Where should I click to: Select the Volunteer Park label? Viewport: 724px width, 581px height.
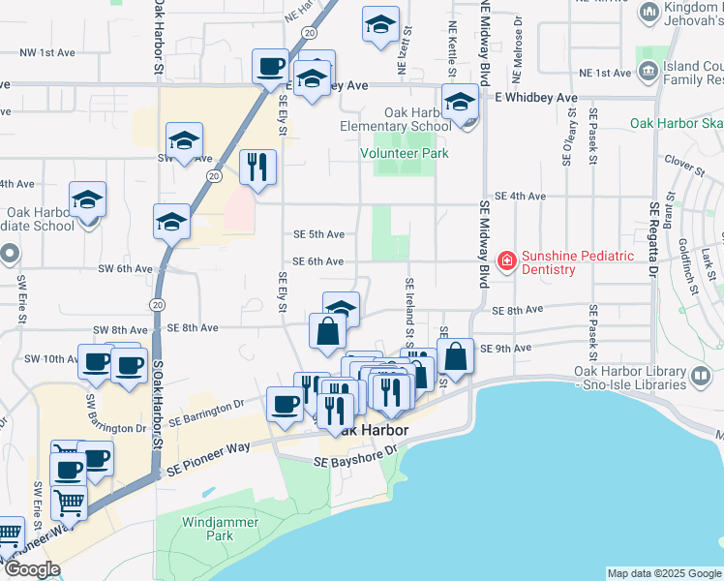405,153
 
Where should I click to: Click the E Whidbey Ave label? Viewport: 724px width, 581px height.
535,98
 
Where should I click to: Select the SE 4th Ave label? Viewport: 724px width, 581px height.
521,196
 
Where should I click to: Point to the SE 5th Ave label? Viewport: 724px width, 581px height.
318,234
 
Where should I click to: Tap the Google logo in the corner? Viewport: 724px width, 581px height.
32,569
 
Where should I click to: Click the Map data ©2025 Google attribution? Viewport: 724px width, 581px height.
664,573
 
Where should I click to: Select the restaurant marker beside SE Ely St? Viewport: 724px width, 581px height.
257,168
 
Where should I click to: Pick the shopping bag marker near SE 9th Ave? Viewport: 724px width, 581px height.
455,356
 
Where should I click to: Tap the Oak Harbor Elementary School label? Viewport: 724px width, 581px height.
395,119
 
